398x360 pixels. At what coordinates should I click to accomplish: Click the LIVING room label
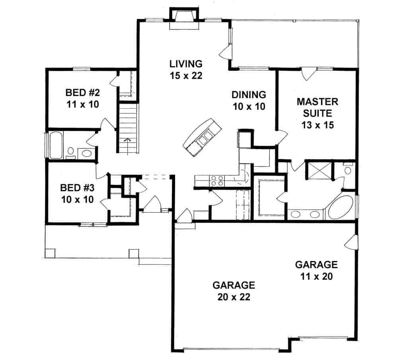pyautogui.click(x=186, y=64)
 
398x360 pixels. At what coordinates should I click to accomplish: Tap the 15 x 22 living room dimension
pyautogui.click(x=186, y=76)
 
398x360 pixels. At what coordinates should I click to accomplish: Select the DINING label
pyautogui.click(x=249, y=95)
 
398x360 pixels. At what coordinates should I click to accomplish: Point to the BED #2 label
pyautogui.click(x=82, y=93)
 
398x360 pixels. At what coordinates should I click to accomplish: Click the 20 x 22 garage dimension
pyautogui.click(x=234, y=297)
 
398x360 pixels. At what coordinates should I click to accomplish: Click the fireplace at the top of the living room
pyautogui.click(x=183, y=18)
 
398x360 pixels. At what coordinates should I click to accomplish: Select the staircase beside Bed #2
pyautogui.click(x=128, y=127)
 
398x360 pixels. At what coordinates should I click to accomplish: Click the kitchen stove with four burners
pyautogui.click(x=217, y=181)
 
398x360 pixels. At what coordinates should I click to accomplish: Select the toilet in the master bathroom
pyautogui.click(x=347, y=170)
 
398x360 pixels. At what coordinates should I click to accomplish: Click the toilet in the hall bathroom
pyautogui.click(x=70, y=151)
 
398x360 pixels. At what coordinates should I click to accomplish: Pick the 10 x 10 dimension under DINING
pyautogui.click(x=249, y=107)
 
